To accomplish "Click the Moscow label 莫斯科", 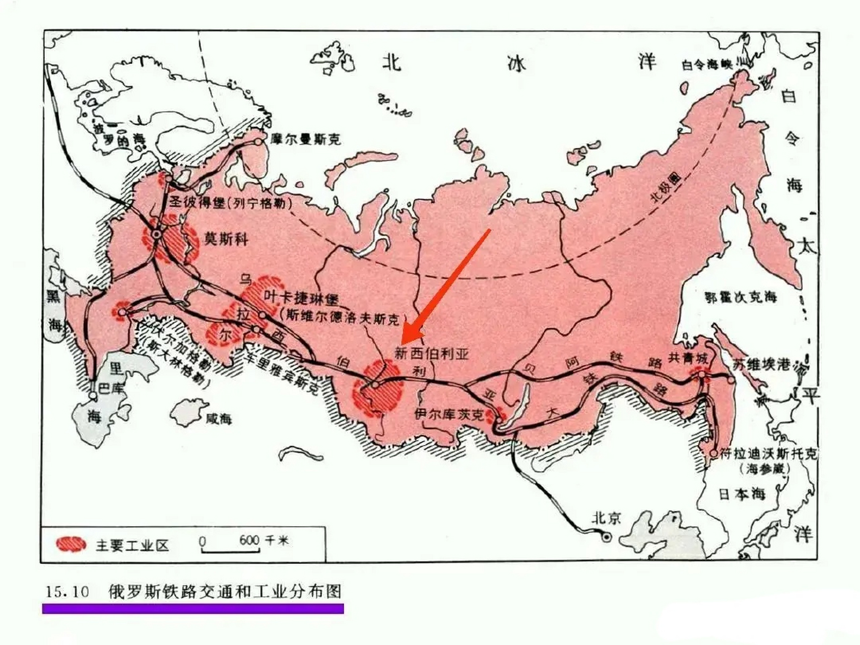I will click(x=226, y=238).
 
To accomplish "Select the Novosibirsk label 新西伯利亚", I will click(x=431, y=353).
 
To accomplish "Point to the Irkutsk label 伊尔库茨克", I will click(x=449, y=414).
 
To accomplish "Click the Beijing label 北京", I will click(x=607, y=518).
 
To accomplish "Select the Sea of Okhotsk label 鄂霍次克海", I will click(x=741, y=297).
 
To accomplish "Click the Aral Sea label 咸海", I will click(x=218, y=418).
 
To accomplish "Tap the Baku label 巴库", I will click(x=110, y=388).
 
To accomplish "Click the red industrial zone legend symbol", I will click(x=71, y=544).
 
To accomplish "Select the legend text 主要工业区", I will click(x=132, y=545).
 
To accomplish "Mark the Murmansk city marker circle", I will click(x=258, y=142).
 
